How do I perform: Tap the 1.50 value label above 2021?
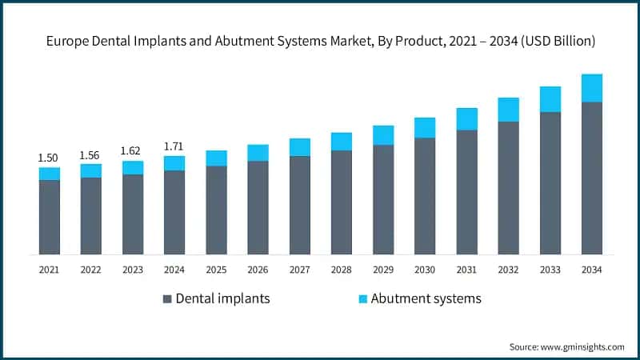(x=49, y=158)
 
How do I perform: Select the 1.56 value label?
(x=90, y=155)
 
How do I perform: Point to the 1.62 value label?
(x=132, y=150)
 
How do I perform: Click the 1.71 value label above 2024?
(x=174, y=146)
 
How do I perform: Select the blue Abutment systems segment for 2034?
(x=591, y=88)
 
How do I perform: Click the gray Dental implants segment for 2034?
(x=591, y=178)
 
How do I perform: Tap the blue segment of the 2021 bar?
(x=49, y=174)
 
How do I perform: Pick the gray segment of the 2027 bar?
(x=299, y=205)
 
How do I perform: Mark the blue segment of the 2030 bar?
(x=425, y=128)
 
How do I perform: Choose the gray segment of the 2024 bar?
(x=174, y=212)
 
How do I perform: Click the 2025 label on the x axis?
(x=215, y=270)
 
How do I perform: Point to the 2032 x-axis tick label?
(x=508, y=270)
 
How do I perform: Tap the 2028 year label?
(x=341, y=270)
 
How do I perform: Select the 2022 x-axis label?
(x=90, y=270)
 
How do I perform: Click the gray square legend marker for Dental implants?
(x=167, y=299)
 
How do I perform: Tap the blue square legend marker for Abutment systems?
(x=363, y=299)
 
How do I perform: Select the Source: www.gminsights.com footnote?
(x=566, y=346)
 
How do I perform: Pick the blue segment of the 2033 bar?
(x=550, y=99)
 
